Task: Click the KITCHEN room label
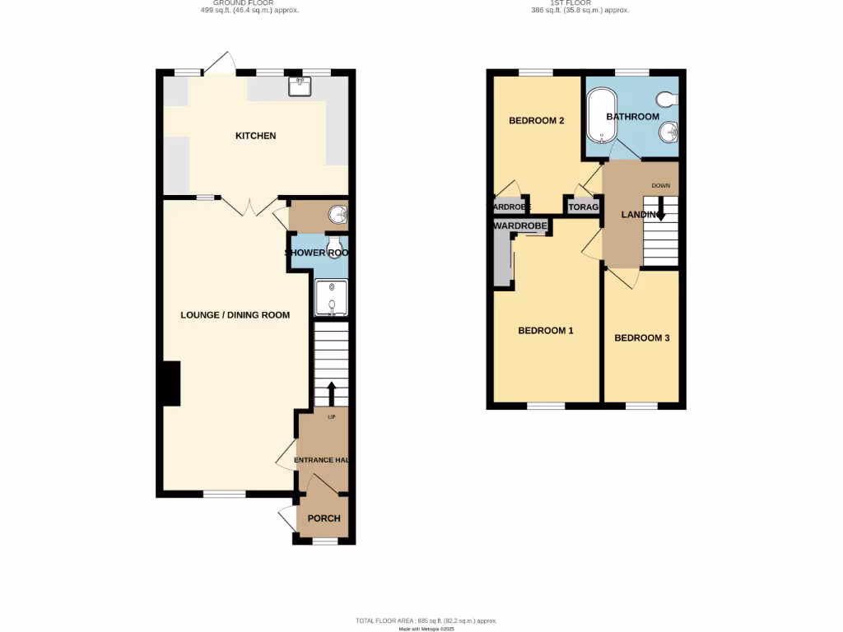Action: click(255, 136)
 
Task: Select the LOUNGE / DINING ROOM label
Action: click(235, 314)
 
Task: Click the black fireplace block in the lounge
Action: click(171, 383)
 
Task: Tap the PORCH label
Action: click(324, 518)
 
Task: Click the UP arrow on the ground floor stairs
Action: click(332, 393)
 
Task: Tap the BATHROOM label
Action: click(632, 117)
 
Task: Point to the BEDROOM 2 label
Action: click(536, 121)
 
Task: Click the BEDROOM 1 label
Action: click(545, 331)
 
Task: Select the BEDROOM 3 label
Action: click(641, 338)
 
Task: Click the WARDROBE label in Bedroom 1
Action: click(520, 225)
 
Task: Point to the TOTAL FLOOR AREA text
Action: click(426, 620)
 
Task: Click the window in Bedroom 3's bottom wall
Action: click(641, 405)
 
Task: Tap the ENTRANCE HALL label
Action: click(324, 460)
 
